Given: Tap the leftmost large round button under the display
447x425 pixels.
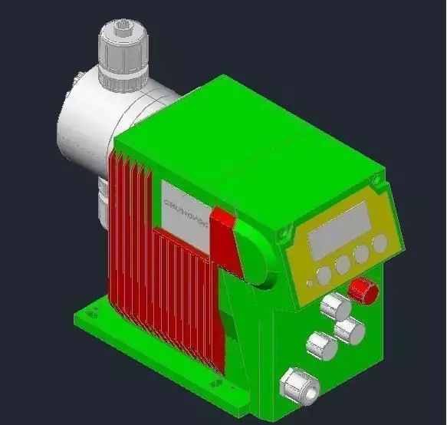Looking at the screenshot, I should click(x=324, y=273).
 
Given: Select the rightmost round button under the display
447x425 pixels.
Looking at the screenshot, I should click(x=380, y=243).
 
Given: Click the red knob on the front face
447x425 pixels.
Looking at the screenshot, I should click(x=363, y=291).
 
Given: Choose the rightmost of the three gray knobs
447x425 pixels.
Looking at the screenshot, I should click(x=350, y=331).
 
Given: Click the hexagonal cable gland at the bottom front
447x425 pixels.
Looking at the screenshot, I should click(x=297, y=384).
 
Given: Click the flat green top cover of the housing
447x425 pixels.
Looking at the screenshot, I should click(x=245, y=138).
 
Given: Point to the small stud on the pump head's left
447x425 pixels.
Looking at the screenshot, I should click(x=79, y=78).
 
